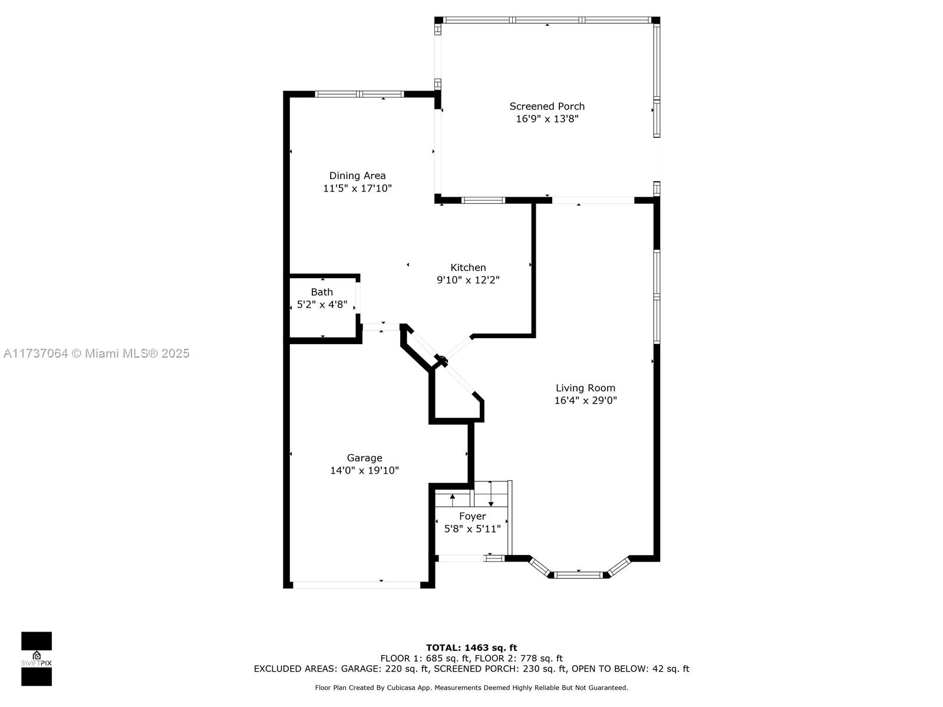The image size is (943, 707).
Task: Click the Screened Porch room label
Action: (x=546, y=106)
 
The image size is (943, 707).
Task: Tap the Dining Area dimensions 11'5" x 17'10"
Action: (x=357, y=188)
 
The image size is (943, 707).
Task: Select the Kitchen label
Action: (x=468, y=267)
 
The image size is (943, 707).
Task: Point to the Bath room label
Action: (x=322, y=292)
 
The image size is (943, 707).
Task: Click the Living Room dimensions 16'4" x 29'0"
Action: (x=585, y=400)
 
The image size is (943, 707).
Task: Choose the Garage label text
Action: (x=364, y=458)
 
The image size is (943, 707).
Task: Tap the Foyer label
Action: (x=472, y=516)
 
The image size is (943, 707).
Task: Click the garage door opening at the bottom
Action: (x=356, y=584)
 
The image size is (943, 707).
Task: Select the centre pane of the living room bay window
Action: (x=578, y=575)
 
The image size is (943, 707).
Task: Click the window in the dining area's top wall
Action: (x=359, y=94)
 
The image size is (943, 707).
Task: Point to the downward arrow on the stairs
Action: (x=490, y=494)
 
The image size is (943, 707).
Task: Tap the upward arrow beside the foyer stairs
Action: (x=452, y=499)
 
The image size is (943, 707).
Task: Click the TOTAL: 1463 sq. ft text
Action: (x=471, y=647)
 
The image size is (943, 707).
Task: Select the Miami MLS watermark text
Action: (x=96, y=353)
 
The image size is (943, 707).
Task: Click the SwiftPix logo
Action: (x=37, y=659)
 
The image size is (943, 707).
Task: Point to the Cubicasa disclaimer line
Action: (x=471, y=687)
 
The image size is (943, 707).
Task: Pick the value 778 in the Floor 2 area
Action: (x=529, y=658)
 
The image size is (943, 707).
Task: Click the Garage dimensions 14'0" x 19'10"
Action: (x=364, y=470)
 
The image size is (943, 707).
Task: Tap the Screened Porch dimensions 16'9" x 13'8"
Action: (x=547, y=118)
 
